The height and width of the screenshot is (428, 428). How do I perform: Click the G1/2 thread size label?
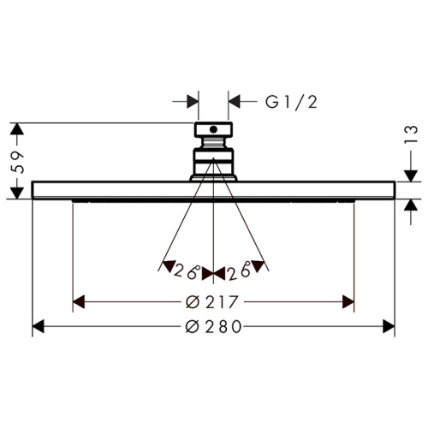[x=291, y=102]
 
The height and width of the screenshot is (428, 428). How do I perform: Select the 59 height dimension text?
[x=17, y=163]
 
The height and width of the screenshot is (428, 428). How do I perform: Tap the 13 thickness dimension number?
[x=411, y=134]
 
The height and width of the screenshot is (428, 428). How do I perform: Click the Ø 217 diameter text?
[x=211, y=302]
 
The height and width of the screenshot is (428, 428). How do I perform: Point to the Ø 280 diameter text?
[x=213, y=327]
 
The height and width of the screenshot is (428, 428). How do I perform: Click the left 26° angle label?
[x=186, y=270]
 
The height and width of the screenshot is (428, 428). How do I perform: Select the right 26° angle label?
[x=239, y=270]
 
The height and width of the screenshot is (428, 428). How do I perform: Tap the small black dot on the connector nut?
[x=213, y=129]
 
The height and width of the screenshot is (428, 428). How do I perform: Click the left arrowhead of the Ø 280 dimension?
[x=39, y=326]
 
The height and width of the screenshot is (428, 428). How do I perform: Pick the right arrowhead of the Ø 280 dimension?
[x=389, y=326]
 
